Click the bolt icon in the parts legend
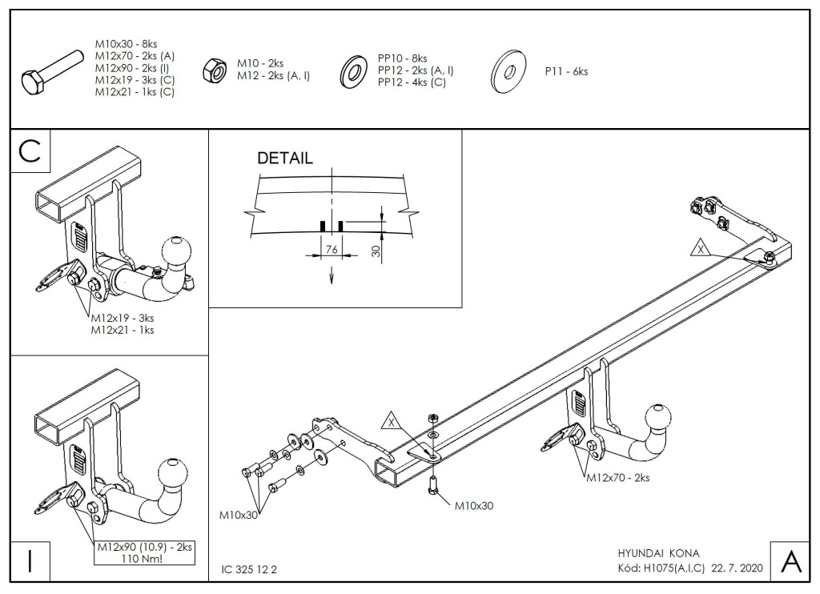52,72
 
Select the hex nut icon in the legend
215,70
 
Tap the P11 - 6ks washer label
566,71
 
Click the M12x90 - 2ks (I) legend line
132,68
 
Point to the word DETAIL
285,158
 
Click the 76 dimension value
332,250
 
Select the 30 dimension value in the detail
376,251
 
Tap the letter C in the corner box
30,151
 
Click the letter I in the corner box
30,562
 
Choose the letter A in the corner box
790,562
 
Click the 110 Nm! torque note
145,559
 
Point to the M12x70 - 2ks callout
617,477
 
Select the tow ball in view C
175,252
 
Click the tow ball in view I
173,473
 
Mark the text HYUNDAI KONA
658,553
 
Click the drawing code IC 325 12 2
249,569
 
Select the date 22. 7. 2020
738,568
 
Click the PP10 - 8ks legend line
402,58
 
